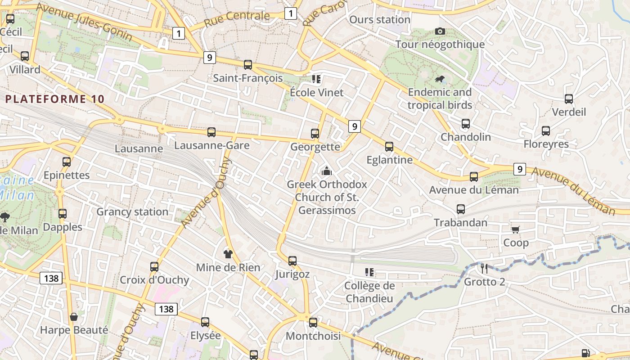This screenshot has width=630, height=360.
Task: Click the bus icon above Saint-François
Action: [248, 64]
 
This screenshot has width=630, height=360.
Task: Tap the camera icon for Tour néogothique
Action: [440, 31]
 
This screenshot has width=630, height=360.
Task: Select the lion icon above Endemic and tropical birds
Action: [440, 80]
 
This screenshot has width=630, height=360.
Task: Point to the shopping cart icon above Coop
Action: [516, 229]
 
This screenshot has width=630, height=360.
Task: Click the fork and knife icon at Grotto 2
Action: [484, 269]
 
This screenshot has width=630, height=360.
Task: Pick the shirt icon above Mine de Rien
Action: [228, 254]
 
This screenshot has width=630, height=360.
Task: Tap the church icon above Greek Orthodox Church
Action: [327, 171]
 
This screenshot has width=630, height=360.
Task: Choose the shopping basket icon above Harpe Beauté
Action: [74, 317]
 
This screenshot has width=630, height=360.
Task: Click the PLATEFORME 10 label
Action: [55, 99]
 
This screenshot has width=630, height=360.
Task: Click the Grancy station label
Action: [132, 211]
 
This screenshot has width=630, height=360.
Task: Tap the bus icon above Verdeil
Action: [569, 99]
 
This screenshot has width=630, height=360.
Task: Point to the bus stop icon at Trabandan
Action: [461, 209]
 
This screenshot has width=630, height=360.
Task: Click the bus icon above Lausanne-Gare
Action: [211, 132]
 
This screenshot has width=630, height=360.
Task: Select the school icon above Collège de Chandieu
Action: [369, 272]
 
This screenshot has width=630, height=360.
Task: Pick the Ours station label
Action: [380, 20]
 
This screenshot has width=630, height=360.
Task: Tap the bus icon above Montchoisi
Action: [313, 322]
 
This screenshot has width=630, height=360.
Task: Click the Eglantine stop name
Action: [389, 160]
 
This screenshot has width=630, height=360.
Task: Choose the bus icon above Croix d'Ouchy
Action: [154, 266]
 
